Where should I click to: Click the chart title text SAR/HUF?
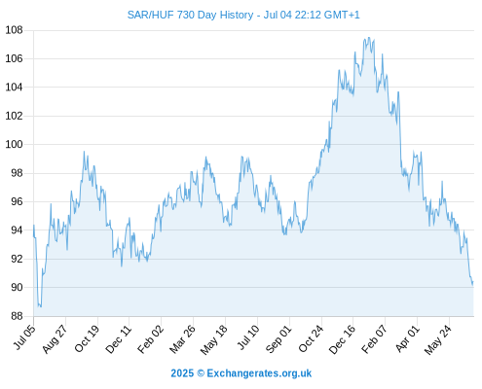coord(151,15)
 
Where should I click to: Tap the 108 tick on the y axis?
coord(14,30)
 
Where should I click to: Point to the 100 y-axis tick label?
coord(14,144)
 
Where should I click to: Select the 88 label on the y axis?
coord(17,316)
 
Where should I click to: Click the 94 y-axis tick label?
coord(17,230)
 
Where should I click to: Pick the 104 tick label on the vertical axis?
coord(14,88)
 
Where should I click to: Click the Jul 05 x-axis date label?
coord(24,337)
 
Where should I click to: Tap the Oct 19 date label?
coord(87,338)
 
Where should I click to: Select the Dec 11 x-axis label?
coord(119,339)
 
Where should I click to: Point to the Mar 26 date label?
coord(182,339)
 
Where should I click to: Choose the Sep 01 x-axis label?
coord(278,339)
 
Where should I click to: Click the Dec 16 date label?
coord(343,339)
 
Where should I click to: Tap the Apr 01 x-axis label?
coord(408,338)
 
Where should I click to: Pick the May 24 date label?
coord(438,339)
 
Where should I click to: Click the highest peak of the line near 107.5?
coord(369,38)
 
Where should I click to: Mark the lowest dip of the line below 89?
coord(40,306)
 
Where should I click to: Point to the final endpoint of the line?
coord(473,283)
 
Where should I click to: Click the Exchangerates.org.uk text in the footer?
coord(259,373)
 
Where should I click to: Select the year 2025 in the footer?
coord(182,373)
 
